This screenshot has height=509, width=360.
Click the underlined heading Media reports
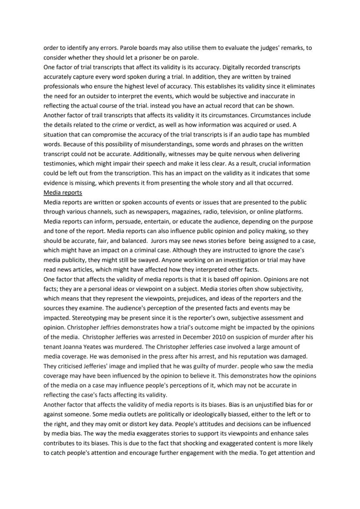tap(63, 193)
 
